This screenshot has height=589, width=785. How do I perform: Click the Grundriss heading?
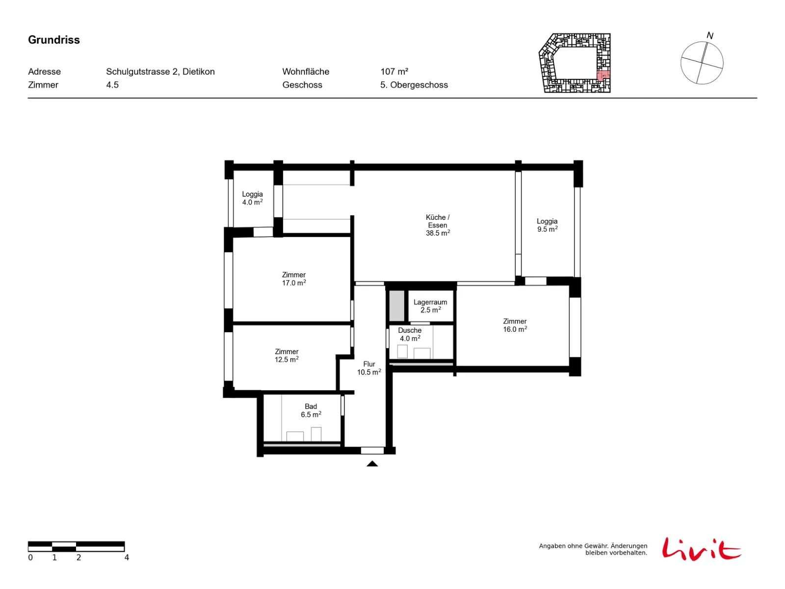coord(53,40)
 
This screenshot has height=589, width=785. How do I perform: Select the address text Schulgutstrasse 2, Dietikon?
coord(160,72)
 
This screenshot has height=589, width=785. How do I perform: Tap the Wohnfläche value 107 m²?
coord(394,72)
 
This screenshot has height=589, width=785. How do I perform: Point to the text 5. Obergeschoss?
coord(414,85)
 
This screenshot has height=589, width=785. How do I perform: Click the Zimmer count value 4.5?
coord(112,85)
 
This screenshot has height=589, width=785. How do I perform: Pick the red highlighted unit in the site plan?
coord(603,76)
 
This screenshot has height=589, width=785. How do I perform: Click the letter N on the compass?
coord(710,35)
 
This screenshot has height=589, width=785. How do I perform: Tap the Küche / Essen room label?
coord(438,225)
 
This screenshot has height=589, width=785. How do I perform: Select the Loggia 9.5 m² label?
coord(547,225)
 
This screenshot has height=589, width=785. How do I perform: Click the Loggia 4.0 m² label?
coord(253,198)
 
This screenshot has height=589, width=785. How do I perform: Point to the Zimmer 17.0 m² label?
coord(293,279)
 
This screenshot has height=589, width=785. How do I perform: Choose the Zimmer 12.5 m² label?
coord(287,355)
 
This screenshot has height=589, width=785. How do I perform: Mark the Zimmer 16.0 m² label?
coord(515,325)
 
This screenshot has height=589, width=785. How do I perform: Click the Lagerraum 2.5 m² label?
coord(430,306)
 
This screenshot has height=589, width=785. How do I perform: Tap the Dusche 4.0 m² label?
coord(410,334)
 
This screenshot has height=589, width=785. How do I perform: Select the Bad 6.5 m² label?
coord(311,410)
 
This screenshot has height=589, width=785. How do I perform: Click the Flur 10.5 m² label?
coord(369,368)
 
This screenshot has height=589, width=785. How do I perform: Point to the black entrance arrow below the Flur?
coord(372,464)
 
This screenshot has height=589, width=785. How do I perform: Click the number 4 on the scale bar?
coord(127,558)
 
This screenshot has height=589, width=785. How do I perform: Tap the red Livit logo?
coord(701,549)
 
